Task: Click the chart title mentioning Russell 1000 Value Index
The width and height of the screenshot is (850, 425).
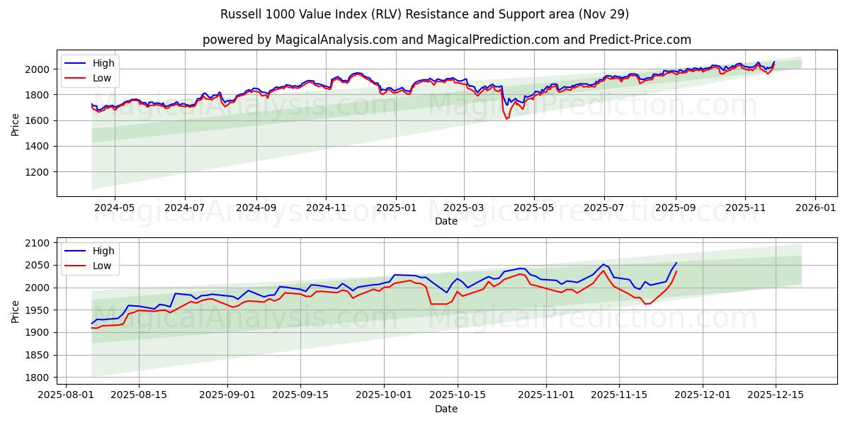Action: point(424,14)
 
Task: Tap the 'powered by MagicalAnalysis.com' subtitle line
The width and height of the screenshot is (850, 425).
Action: point(446,40)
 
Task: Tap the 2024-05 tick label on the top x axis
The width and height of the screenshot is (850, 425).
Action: point(114,208)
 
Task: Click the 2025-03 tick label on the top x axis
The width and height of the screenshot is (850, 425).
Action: point(464,208)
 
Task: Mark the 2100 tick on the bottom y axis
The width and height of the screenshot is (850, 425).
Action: point(38,243)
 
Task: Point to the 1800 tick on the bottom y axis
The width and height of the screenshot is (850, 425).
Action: point(38,378)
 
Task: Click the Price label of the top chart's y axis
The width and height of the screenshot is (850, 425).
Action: point(16,124)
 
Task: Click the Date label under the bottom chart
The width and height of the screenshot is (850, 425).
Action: point(446,409)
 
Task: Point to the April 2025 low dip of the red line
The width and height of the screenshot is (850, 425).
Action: point(506,118)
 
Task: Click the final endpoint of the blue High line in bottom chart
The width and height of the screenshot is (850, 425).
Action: point(676,263)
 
